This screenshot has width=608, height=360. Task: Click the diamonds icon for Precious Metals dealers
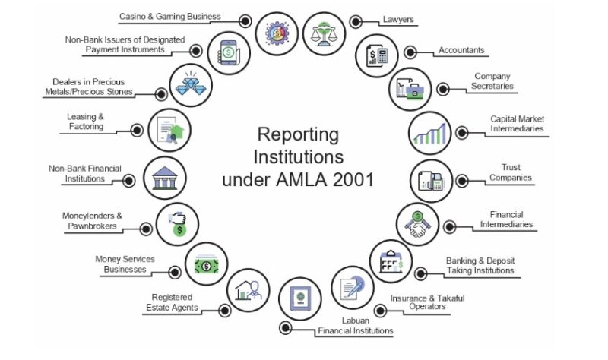(191, 85)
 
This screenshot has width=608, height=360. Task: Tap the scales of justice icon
(324, 33)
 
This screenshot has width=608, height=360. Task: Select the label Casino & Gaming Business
(169, 16)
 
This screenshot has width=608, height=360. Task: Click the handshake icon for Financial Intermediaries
(417, 224)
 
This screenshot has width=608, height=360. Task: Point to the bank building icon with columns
(165, 178)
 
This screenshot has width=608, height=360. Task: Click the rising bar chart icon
(430, 133)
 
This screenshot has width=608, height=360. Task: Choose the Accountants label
(461, 50)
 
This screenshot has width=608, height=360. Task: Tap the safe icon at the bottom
(300, 298)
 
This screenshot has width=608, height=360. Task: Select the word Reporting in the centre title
(298, 134)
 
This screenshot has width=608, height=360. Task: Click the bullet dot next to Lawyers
(356, 22)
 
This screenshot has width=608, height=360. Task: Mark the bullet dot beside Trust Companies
(462, 181)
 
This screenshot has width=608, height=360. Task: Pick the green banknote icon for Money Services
(206, 265)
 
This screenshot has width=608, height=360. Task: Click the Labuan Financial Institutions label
(356, 326)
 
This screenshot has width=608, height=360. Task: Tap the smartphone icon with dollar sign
(229, 52)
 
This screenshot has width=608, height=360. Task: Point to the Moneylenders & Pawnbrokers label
(92, 220)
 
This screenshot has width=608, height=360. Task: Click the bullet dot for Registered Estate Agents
(225, 311)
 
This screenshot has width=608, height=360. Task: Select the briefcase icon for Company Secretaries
(410, 89)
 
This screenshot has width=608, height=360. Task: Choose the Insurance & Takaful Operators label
(427, 302)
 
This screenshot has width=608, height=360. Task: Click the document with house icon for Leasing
(169, 130)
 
